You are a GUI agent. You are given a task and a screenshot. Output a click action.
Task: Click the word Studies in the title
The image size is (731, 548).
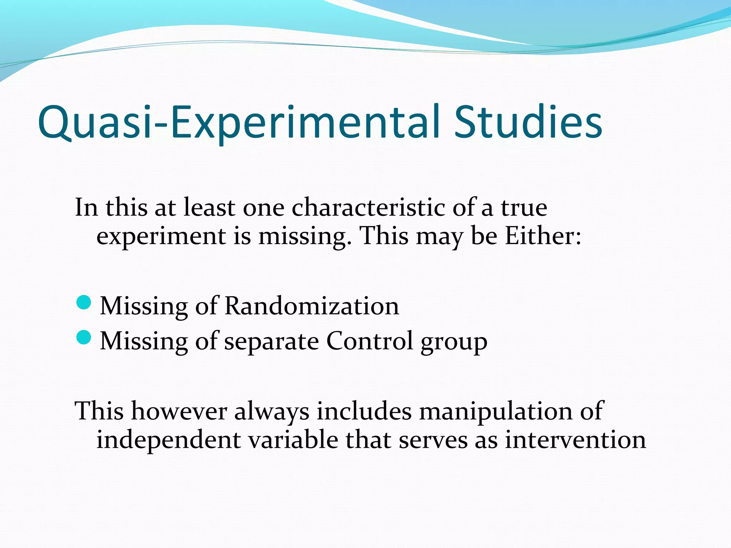tap(528, 122)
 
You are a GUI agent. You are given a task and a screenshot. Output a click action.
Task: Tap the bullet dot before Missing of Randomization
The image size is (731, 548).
tap(84, 303)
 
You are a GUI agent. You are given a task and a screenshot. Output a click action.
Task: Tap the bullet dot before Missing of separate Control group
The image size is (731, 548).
tap(84, 338)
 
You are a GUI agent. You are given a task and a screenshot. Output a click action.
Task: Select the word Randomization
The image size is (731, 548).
tap(312, 306)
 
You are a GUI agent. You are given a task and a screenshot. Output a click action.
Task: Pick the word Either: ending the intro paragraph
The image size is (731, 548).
tap(543, 236)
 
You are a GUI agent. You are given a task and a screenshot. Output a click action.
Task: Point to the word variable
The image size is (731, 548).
tap(293, 440)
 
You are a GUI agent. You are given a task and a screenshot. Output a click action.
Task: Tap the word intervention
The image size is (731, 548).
tap(575, 440)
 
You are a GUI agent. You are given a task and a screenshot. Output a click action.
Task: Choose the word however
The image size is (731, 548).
tap(179, 411)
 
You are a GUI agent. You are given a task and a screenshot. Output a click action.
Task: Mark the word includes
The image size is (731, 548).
tap(364, 411)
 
